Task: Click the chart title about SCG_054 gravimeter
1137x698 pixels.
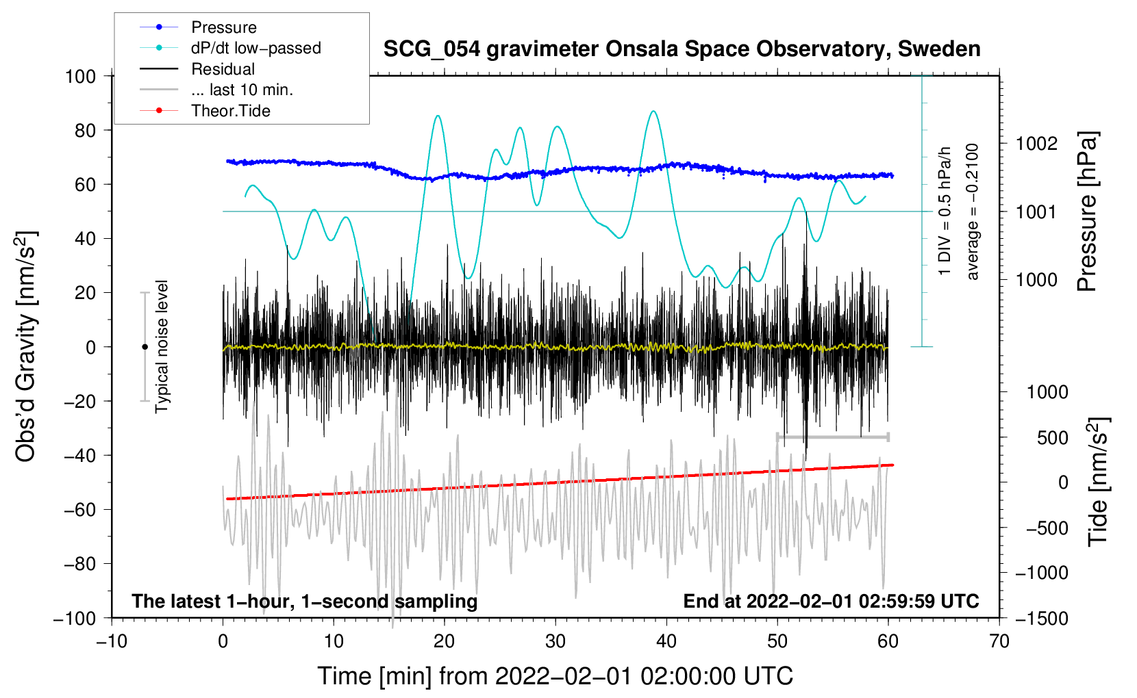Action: point(682,49)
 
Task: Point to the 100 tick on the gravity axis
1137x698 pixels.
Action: point(80,76)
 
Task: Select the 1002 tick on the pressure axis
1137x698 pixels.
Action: point(1036,144)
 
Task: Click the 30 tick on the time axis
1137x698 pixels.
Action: point(555,642)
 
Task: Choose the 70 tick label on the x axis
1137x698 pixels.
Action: point(999,642)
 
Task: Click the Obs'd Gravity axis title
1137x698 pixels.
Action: point(25,346)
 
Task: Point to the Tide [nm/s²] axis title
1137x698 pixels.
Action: point(1097,482)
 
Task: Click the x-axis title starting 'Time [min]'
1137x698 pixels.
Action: point(555,676)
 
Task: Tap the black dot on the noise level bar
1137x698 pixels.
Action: point(145,347)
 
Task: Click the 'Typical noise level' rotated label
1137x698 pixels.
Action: point(162,346)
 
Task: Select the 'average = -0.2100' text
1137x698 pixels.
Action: point(973,211)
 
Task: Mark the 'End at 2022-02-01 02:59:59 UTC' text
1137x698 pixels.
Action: point(831,602)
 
